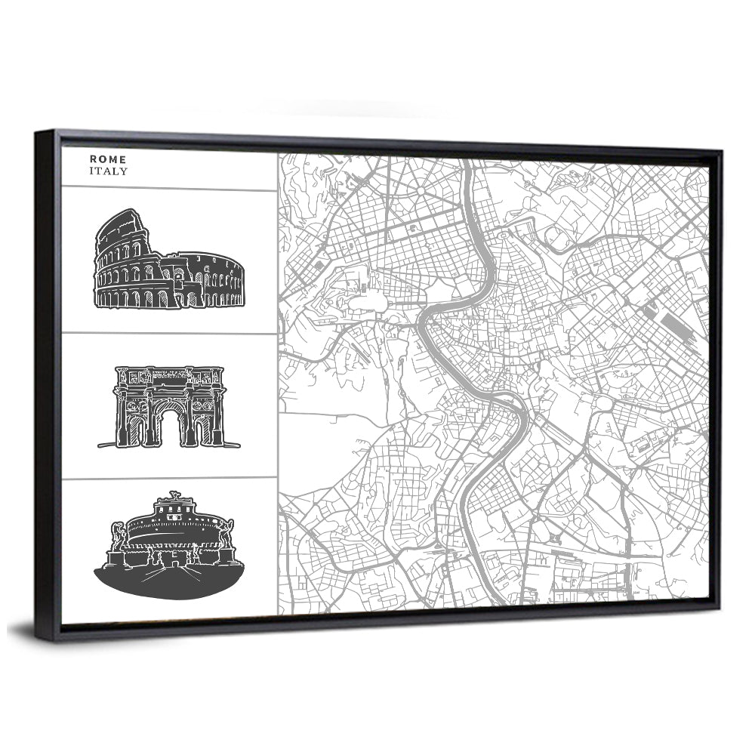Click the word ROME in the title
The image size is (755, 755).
(108, 159)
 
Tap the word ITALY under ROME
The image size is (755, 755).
(108, 171)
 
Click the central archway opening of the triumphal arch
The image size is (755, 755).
(170, 424)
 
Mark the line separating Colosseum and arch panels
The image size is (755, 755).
(169, 333)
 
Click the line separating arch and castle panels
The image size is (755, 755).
(169, 478)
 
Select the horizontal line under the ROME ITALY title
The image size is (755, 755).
(169, 189)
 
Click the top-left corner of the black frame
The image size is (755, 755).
(38, 133)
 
